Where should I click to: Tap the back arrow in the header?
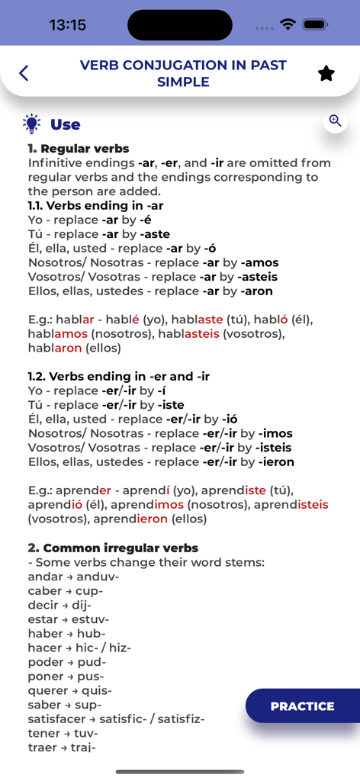point(24,73)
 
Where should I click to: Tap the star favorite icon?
point(326,73)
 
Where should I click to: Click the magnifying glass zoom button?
point(335,121)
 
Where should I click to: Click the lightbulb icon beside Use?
point(31,124)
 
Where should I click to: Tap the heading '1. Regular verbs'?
point(79,149)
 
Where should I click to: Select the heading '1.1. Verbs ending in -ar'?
point(95,205)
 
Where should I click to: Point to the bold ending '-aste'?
point(156,234)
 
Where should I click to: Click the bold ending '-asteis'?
point(258,277)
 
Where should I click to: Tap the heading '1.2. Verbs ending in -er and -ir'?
point(118,376)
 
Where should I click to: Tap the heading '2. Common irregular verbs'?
point(113,548)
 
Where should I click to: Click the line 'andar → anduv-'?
point(73,577)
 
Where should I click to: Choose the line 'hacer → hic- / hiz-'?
point(79,648)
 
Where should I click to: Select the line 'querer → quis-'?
point(69,690)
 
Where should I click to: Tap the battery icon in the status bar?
point(315,24)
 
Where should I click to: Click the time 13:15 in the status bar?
point(68,25)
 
